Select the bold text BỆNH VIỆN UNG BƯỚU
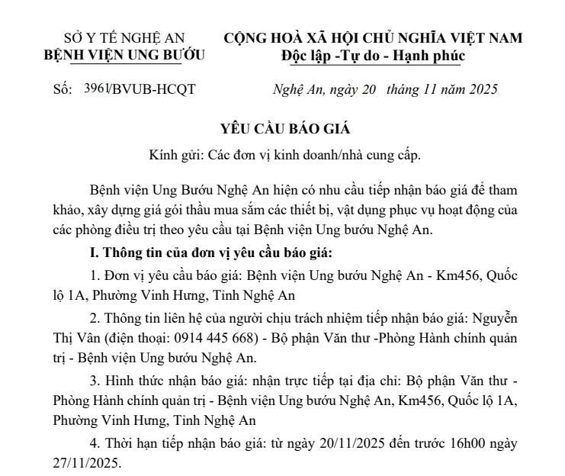coord(124,55)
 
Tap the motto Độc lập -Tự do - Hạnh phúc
coord(372,55)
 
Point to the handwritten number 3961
coord(95,89)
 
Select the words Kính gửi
coord(172,155)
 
